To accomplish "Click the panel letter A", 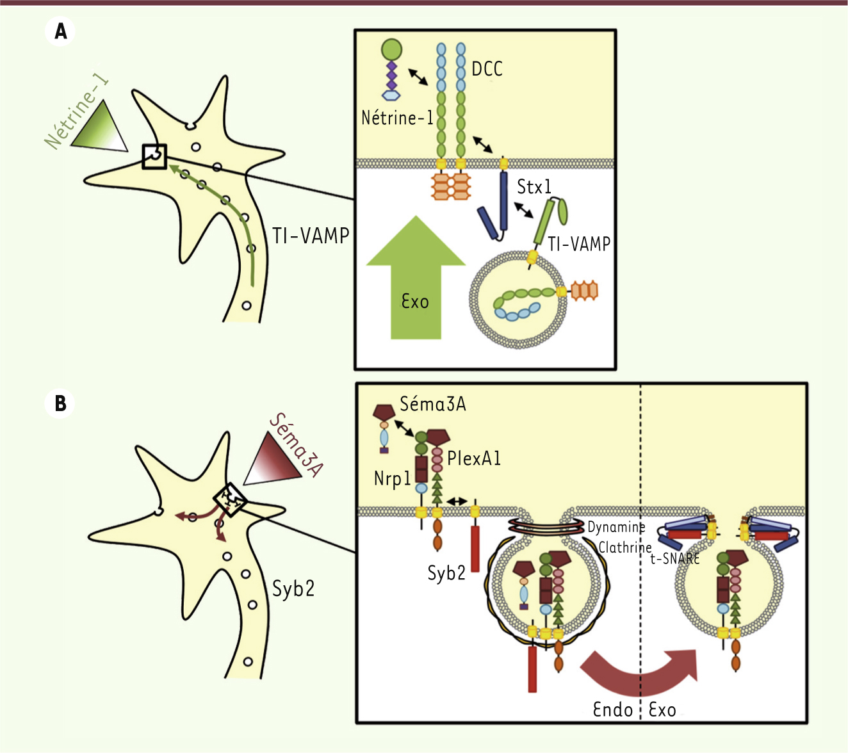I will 61,31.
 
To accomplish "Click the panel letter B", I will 60,404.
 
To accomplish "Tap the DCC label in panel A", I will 487,69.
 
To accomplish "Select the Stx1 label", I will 534,187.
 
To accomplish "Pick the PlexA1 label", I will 474,458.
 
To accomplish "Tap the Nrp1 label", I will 392,478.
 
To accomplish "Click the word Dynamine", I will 616,527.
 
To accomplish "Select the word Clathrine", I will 624,547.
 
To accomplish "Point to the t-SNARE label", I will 675,558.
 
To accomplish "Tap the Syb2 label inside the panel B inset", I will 446,572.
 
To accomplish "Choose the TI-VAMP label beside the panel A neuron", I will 311,236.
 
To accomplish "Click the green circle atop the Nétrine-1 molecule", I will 391,49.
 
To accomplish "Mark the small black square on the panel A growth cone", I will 154,156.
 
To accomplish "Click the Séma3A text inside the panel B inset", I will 433,404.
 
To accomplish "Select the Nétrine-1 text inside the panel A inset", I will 397,118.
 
